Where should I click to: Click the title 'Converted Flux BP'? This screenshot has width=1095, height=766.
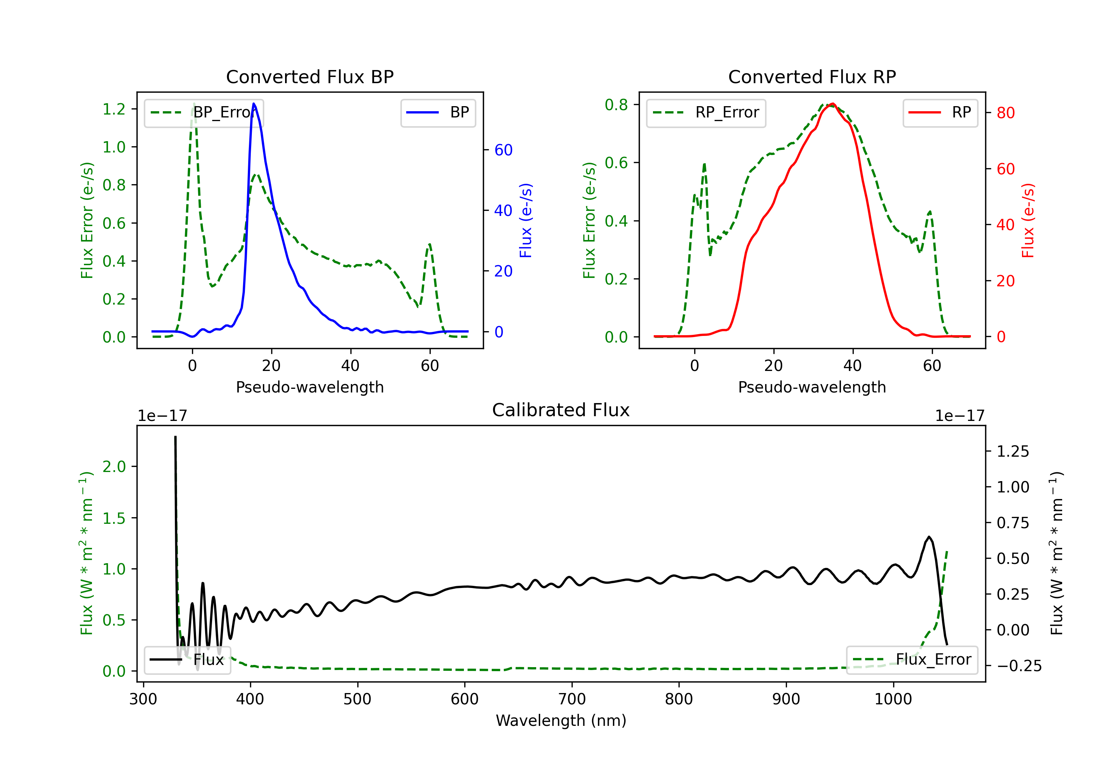[x=310, y=77]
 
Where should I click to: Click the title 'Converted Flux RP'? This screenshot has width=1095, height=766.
[x=812, y=77]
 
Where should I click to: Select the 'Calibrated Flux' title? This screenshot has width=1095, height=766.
[x=561, y=410]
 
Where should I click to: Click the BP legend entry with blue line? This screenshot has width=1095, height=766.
[x=438, y=112]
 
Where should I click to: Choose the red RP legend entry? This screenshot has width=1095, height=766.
[x=940, y=112]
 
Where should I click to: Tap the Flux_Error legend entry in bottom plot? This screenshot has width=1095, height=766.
[x=911, y=660]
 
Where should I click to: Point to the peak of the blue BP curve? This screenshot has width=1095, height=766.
[x=254, y=104]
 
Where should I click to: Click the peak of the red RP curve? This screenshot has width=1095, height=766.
[x=832, y=104]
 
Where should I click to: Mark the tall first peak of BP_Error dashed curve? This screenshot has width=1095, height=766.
[x=193, y=104]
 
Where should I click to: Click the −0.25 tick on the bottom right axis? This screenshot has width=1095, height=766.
[x=1019, y=666]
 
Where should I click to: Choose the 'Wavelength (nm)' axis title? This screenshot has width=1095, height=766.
[x=561, y=721]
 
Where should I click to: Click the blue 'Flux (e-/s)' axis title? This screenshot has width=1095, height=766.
[x=526, y=220]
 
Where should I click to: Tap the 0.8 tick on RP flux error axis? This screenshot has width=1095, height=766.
[x=616, y=104]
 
